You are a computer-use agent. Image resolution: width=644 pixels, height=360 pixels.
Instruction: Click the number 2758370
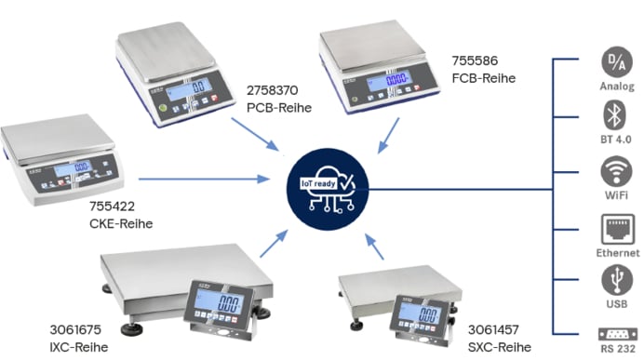click(274, 91)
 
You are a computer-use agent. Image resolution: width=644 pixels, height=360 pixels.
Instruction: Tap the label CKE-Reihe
click(120, 223)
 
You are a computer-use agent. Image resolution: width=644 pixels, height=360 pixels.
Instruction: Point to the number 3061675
click(75, 330)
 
